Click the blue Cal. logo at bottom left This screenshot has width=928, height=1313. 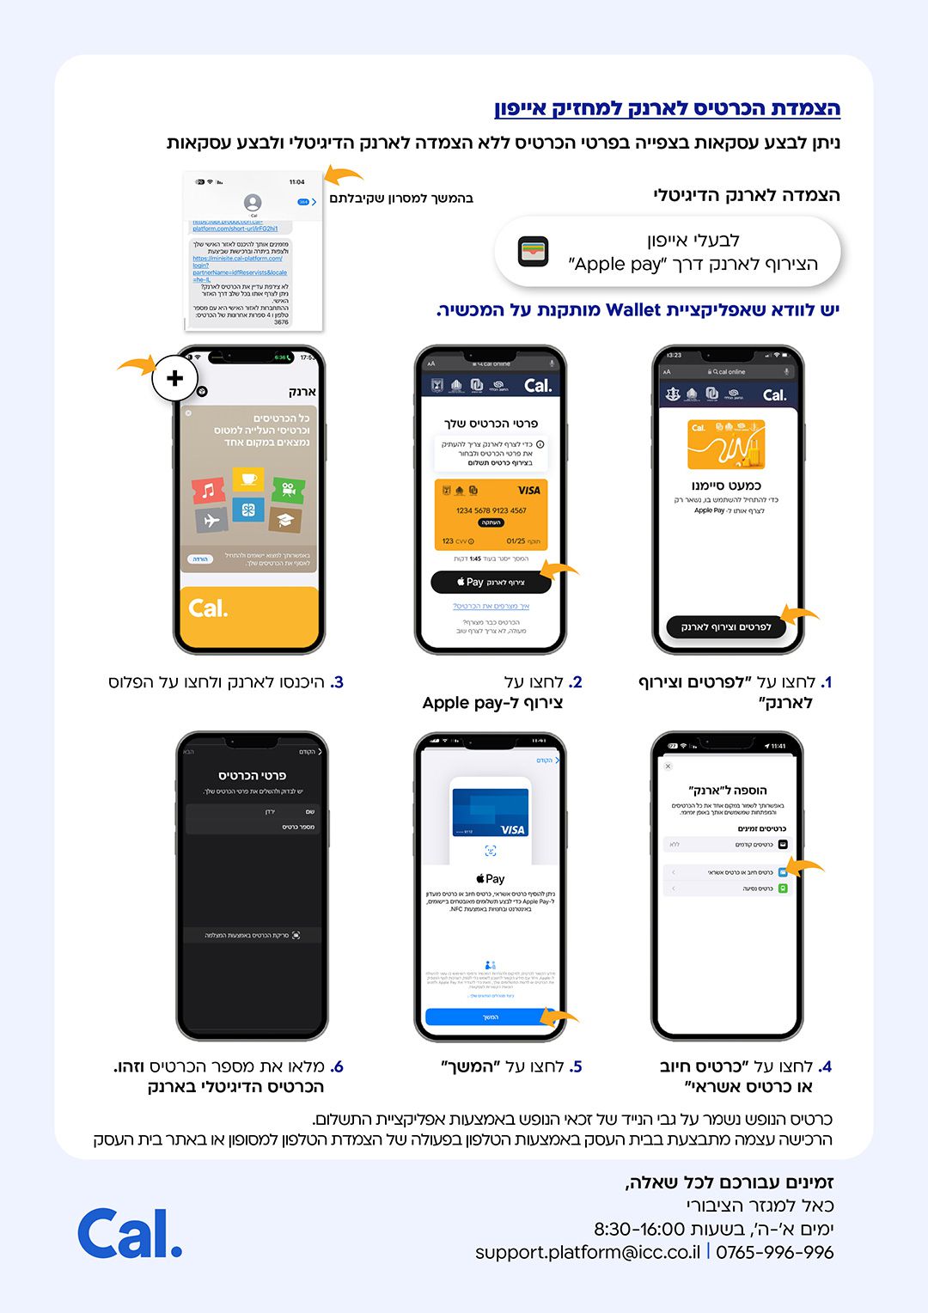pyautogui.click(x=130, y=1233)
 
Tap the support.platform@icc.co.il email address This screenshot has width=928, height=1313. pyautogui.click(x=588, y=1252)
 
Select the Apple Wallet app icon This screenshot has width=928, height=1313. pyautogui.click(x=534, y=252)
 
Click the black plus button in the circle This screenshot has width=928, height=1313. pyautogui.click(x=174, y=378)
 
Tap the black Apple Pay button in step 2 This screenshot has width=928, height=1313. pyautogui.click(x=491, y=583)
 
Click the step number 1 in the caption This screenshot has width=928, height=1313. pyautogui.click(x=827, y=682)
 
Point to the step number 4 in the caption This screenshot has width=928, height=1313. pyautogui.click(x=826, y=1066)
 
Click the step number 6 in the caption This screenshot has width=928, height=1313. pyautogui.click(x=338, y=1066)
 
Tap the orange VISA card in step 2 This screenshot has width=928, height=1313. pyautogui.click(x=491, y=514)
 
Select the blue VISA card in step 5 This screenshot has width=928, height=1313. pyautogui.click(x=490, y=812)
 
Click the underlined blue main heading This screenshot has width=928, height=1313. pyautogui.click(x=667, y=108)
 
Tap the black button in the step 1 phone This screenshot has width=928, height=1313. pyautogui.click(x=726, y=627)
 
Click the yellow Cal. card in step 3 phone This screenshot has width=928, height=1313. pyautogui.click(x=249, y=615)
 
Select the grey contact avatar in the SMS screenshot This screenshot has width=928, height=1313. pyautogui.click(x=253, y=203)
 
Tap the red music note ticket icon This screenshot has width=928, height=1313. pyautogui.click(x=209, y=491)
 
